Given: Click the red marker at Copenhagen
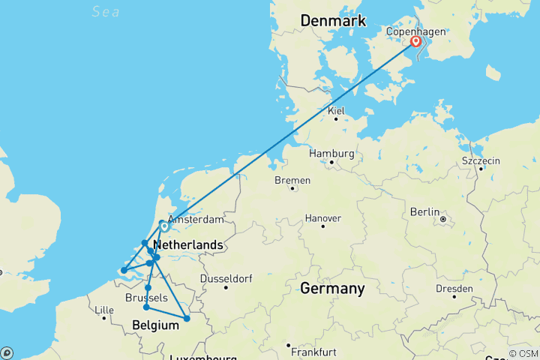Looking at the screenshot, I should click(x=415, y=42).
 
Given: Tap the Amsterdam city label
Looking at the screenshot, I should click(x=196, y=220).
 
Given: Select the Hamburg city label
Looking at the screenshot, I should click(x=331, y=153).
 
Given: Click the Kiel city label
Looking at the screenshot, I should click(x=336, y=111).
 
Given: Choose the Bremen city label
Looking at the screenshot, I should click(x=292, y=181).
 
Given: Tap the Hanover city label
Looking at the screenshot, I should click(x=323, y=218).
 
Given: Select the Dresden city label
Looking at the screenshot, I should click(x=454, y=289).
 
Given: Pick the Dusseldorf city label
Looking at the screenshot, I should click(x=225, y=279).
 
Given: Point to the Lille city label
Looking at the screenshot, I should click(x=103, y=310).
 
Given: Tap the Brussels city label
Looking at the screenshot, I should click(x=147, y=298).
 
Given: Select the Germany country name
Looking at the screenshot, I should click(x=332, y=289).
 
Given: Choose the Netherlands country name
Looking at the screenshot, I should click(x=187, y=245).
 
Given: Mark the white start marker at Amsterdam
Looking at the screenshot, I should click(x=164, y=225).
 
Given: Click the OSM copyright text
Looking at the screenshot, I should click(x=522, y=353).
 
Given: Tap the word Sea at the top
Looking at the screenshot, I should click(x=105, y=10).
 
